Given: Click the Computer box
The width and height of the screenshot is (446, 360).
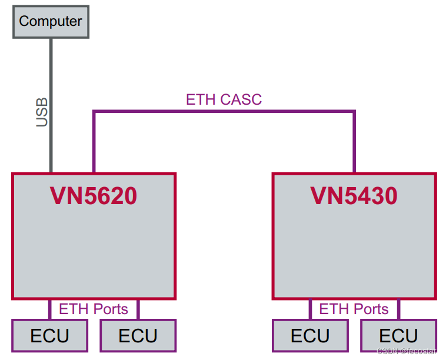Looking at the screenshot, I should pos(51,22).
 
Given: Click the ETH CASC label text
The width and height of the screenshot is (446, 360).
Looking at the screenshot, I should pos(224,99).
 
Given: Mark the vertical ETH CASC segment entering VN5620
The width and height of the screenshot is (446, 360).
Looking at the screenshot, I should pos(94,141).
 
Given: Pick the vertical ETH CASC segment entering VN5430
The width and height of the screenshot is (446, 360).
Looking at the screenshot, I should pos(354,141).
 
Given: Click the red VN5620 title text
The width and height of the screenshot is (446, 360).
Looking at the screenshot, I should pos(94,196).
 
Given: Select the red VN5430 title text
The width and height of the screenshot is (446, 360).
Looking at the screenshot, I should pos(354,196).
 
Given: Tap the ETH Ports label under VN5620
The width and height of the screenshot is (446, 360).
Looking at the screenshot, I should pos(94,309).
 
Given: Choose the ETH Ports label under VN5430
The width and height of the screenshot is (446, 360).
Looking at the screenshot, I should pos(354,309).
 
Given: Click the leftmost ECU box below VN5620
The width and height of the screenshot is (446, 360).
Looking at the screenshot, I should pos(50,336).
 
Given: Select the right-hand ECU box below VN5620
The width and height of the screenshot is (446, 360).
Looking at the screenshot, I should pos(138,336).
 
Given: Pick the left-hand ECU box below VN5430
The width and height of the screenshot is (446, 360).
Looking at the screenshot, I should pos(310,336).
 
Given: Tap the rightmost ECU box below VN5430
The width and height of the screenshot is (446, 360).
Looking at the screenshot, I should pos(398,336).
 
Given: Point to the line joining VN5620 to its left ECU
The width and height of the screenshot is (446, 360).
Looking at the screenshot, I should pos(50,309).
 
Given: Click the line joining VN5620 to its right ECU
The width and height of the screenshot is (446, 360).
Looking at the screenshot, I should pos(137,309).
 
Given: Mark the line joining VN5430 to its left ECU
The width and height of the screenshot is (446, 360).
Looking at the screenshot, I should pos(310,309).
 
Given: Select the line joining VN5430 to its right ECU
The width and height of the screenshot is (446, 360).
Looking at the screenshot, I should pos(398,309).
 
